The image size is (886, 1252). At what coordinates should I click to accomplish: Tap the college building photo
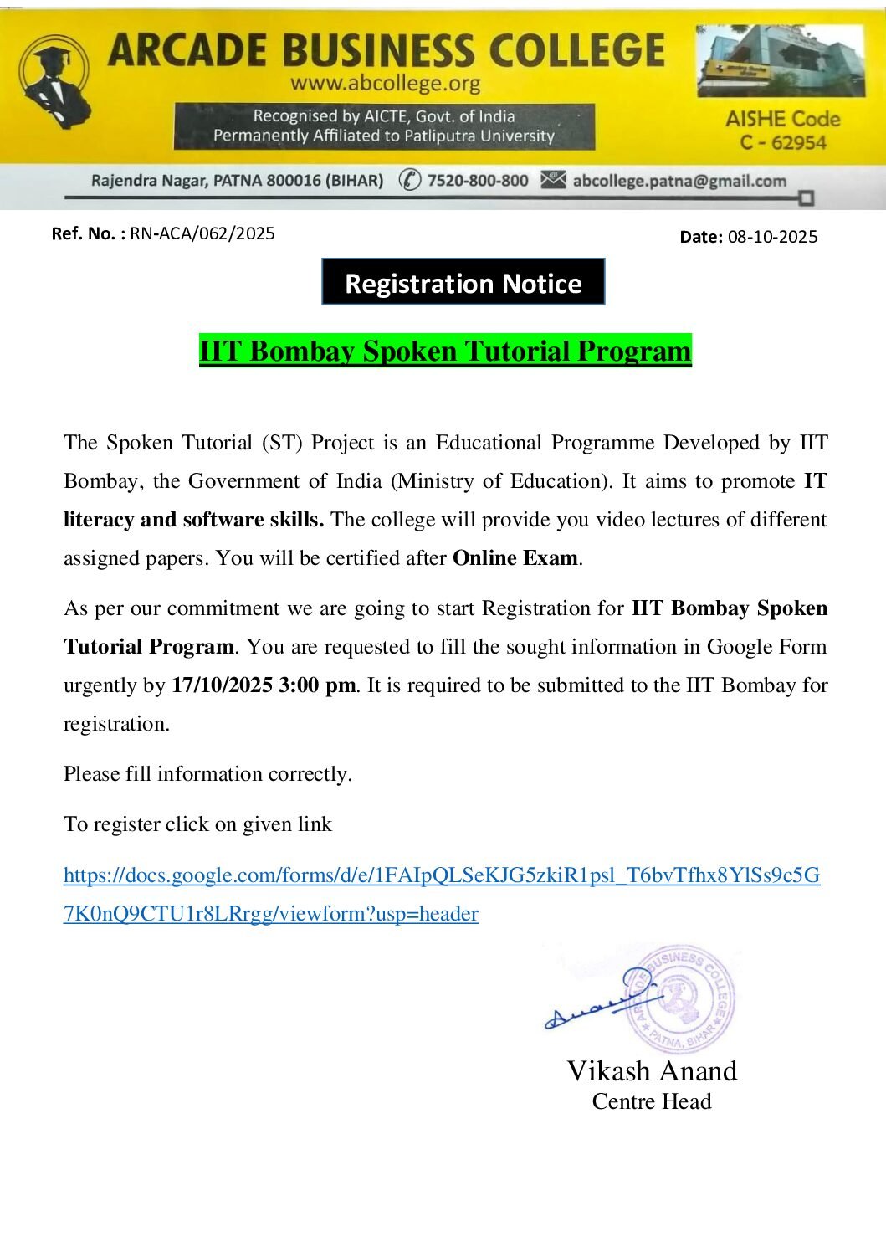780,60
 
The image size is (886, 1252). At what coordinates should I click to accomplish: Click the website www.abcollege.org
385,84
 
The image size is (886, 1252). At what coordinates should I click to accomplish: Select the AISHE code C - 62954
782,142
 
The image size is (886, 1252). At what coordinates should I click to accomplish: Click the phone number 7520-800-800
477,181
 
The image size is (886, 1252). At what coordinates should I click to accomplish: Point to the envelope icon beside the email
553,180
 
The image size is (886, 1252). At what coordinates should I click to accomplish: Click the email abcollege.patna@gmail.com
679,181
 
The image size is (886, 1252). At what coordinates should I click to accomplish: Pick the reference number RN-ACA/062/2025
202,233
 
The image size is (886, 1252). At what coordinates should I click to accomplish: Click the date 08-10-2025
772,237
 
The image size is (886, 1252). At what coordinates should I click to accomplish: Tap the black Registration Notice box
463,283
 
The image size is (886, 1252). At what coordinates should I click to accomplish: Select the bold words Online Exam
515,558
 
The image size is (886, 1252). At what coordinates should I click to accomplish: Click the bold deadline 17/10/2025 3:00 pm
264,685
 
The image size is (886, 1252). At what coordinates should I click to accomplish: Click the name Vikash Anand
652,1071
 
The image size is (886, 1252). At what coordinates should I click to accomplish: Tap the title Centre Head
652,1101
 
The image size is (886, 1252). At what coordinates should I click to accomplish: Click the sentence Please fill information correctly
207,774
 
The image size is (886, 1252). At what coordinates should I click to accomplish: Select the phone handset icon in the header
409,180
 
